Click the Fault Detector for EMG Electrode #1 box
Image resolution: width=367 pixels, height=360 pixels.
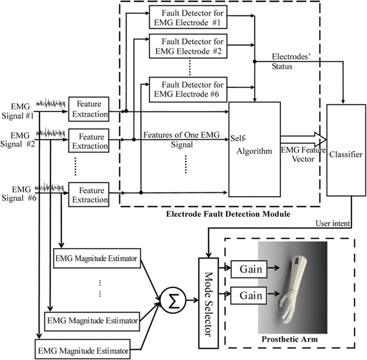[x=188, y=17]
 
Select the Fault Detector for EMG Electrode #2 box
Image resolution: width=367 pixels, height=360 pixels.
[x=188, y=46]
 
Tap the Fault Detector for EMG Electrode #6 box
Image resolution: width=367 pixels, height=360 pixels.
[x=188, y=89]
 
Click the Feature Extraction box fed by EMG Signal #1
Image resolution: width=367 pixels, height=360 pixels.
[x=89, y=109]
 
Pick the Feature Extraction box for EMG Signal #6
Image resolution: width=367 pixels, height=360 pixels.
[x=89, y=195]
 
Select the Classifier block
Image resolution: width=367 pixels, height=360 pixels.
[x=346, y=150]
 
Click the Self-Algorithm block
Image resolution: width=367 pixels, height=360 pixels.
[x=254, y=150]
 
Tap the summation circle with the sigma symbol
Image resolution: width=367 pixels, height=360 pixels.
[x=173, y=300]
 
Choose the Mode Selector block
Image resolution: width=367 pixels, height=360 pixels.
[x=208, y=304]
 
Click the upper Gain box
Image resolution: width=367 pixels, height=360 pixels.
[x=249, y=269]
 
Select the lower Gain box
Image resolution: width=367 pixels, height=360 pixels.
[x=249, y=296]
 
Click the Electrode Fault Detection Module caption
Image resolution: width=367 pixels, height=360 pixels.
[x=228, y=214]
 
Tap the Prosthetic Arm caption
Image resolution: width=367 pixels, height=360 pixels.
[x=290, y=339]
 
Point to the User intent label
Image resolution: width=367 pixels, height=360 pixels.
[x=333, y=223]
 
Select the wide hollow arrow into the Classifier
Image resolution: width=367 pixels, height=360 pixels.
[x=304, y=139]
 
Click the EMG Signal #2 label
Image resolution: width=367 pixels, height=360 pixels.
[x=17, y=140]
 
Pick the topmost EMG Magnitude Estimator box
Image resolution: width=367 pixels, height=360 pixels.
[x=97, y=258]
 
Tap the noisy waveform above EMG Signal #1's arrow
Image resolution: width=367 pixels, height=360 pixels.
[x=50, y=103]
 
